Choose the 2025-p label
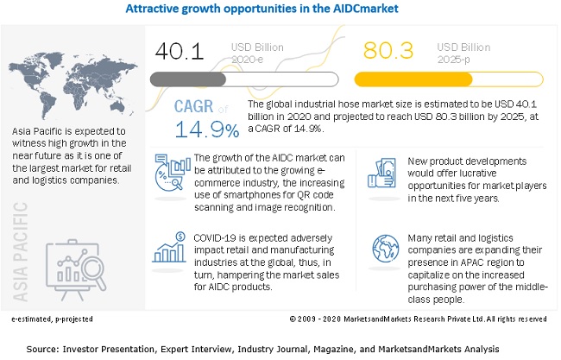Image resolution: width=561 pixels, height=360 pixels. click(455, 59)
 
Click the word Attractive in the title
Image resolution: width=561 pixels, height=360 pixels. click(155, 11)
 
